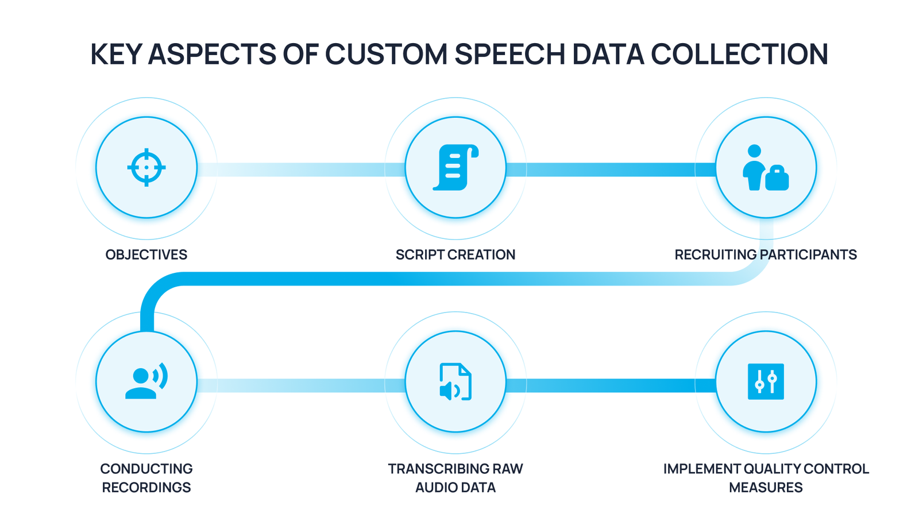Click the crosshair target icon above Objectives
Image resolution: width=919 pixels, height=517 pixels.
[146, 167]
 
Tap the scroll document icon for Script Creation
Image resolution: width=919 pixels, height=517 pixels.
[455, 167]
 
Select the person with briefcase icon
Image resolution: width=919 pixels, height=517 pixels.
[766, 167]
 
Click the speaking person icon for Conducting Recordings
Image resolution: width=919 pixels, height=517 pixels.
[146, 381]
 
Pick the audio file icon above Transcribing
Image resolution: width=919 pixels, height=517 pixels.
[455, 381]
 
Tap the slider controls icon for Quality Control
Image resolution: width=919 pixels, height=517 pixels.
[766, 381]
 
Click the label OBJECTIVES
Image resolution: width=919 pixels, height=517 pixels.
[146, 255]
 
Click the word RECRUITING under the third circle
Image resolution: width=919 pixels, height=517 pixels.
[716, 255]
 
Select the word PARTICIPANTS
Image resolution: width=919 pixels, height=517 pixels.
[808, 255]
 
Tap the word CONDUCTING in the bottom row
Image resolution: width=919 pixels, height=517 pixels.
[146, 469]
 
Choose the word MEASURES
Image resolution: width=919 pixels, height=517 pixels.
[766, 488]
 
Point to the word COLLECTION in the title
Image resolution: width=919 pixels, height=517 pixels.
[739, 54]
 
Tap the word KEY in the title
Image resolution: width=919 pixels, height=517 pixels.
[115, 54]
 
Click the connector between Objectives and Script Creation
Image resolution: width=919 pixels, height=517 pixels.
[302, 169]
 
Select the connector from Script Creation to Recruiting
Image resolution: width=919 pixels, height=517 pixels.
[611, 169]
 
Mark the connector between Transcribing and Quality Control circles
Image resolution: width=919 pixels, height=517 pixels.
[611, 385]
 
